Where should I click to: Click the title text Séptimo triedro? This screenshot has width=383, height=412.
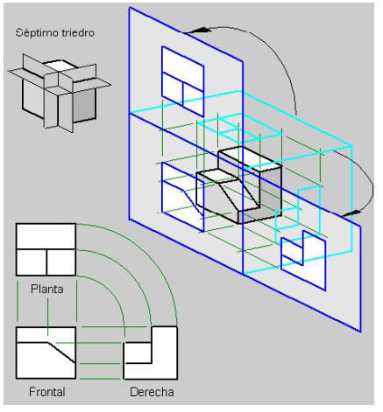pyautogui.click(x=55, y=32)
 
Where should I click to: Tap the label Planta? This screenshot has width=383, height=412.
pyautogui.click(x=47, y=289)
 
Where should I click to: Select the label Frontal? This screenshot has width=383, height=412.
pyautogui.click(x=47, y=392)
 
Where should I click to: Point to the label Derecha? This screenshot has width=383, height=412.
pyautogui.click(x=152, y=392)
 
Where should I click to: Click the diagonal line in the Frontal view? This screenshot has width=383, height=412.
pyautogui.click(x=61, y=353)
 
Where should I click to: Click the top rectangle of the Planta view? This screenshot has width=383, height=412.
pyautogui.click(x=46, y=236)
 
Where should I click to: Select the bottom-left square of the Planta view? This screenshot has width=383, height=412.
pyautogui.click(x=32, y=262)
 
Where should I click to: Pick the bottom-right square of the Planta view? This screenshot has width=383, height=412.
pyautogui.click(x=61, y=262)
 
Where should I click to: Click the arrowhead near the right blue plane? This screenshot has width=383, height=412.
pyautogui.click(x=351, y=213)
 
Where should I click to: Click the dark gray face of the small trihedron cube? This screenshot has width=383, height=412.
pyautogui.click(x=84, y=104)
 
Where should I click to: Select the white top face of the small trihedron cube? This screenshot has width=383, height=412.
pyautogui.click(x=60, y=65)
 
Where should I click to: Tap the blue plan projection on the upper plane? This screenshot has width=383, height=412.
pyautogui.click(x=183, y=81)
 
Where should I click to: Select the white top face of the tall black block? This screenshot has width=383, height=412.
pyautogui.click(x=250, y=158)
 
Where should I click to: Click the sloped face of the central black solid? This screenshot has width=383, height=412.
pyautogui.click(x=238, y=194)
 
